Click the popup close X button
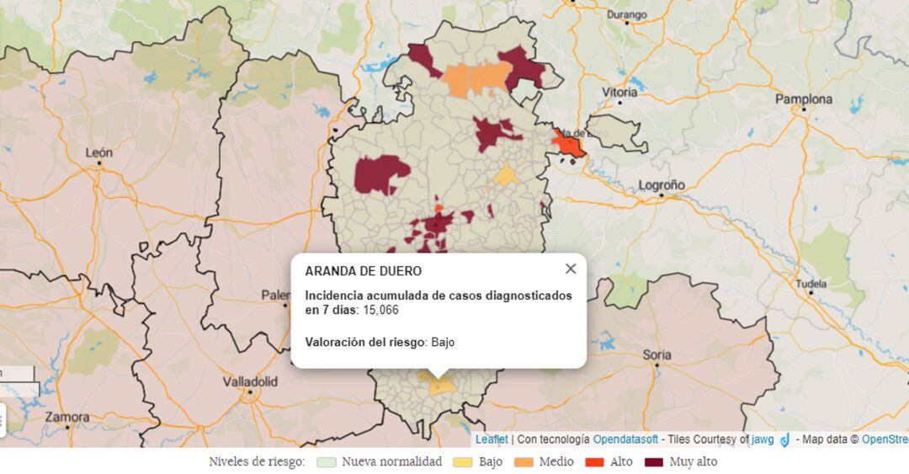(x=571, y=269)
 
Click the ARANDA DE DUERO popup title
(x=364, y=271)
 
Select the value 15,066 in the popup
(x=380, y=310)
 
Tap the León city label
(x=98, y=152)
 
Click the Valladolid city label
(x=250, y=381)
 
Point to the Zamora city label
(x=67, y=416)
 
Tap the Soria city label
(x=656, y=354)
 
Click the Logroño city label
(x=662, y=184)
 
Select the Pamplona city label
(x=803, y=99)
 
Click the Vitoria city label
(x=619, y=92)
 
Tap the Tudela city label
(x=811, y=283)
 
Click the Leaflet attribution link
(x=492, y=439)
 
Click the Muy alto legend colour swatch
(x=653, y=462)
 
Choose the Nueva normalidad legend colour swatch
(x=327, y=462)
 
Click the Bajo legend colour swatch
(x=463, y=462)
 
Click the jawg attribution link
(x=763, y=439)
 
